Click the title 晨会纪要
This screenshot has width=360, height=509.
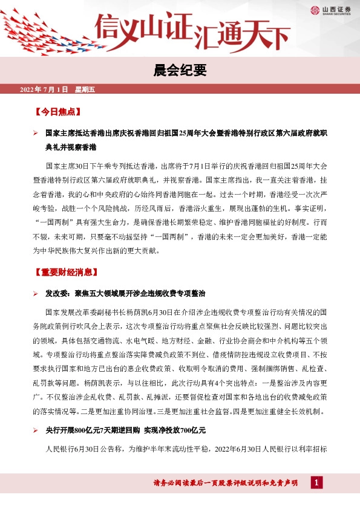click(x=180, y=71)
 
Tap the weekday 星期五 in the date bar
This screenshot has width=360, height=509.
click(x=85, y=90)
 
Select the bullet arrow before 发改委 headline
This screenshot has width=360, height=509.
click(x=36, y=293)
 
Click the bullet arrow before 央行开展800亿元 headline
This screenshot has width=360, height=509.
click(x=36, y=430)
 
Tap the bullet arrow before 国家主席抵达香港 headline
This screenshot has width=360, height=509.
click(x=36, y=132)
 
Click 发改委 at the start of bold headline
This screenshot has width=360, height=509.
click(x=55, y=293)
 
